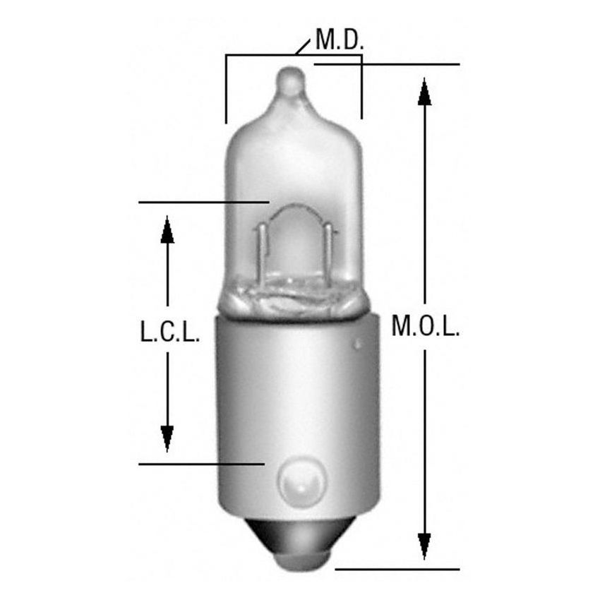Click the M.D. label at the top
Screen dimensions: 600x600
[340, 40]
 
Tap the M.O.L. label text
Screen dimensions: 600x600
[426, 326]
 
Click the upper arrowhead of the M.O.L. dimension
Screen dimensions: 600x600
[424, 91]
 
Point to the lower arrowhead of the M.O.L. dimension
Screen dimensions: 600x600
[424, 545]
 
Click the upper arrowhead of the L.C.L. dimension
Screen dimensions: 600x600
[167, 230]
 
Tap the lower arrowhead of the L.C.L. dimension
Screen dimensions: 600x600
[167, 438]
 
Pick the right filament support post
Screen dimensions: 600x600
[328, 254]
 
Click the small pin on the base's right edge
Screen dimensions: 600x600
[358, 344]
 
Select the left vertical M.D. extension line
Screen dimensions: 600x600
[226, 88]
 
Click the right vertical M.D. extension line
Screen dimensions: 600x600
[361, 88]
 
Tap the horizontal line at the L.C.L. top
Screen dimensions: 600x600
[205, 203]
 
